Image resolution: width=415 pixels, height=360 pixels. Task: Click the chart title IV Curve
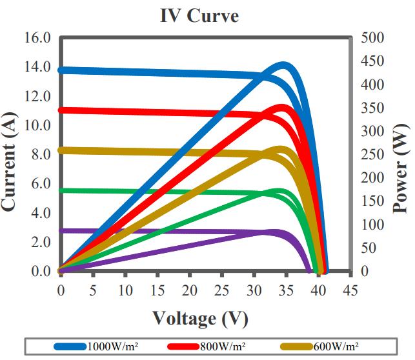pyautogui.click(x=199, y=15)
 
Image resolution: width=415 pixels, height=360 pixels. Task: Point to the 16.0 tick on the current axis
pyautogui.click(x=37, y=37)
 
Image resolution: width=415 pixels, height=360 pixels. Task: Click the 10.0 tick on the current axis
pyautogui.click(x=37, y=125)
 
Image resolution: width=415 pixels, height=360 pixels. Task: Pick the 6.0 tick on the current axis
pyautogui.click(x=39, y=183)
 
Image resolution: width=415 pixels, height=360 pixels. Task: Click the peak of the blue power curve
pyautogui.click(x=284, y=65)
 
